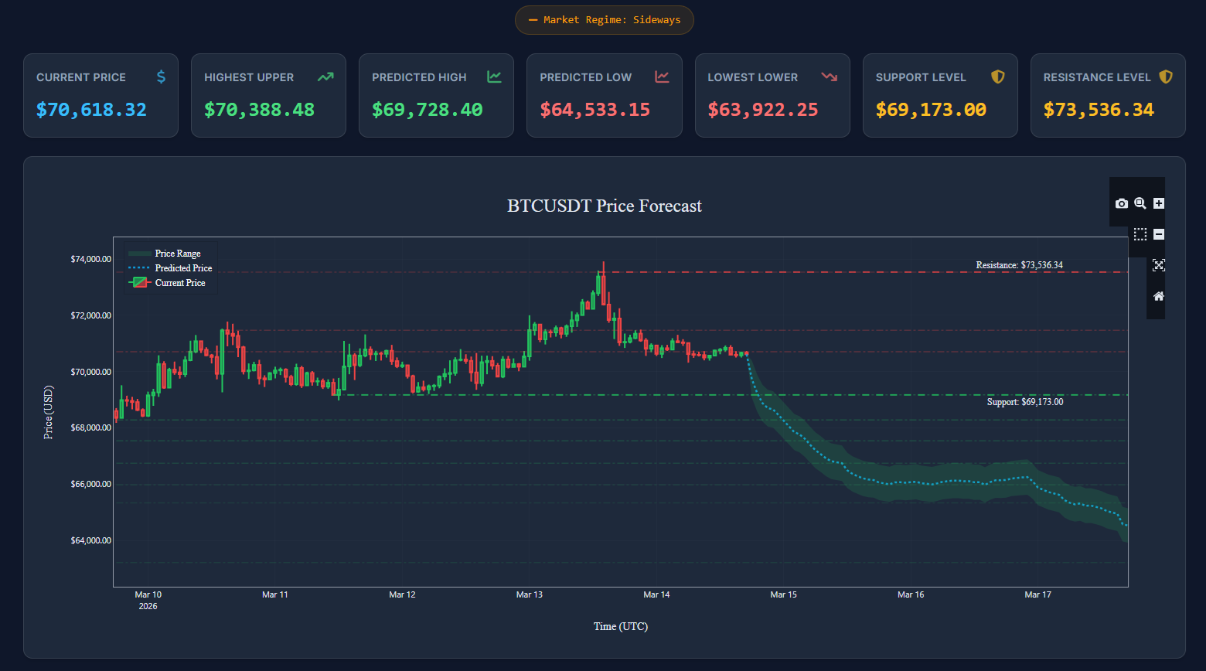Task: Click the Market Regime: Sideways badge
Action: pyautogui.click(x=605, y=20)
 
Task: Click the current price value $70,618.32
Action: pyautogui.click(x=91, y=110)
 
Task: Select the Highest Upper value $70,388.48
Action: pyautogui.click(x=259, y=110)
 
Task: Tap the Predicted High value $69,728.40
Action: pyautogui.click(x=427, y=110)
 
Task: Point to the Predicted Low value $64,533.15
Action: pyautogui.click(x=594, y=110)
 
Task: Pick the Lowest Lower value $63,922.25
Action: pyautogui.click(x=762, y=110)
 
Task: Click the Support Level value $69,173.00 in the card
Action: pyautogui.click(x=931, y=110)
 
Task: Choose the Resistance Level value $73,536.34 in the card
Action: pyautogui.click(x=1099, y=110)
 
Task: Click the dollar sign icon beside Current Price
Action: pyautogui.click(x=161, y=77)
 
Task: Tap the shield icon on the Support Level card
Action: pyautogui.click(x=998, y=77)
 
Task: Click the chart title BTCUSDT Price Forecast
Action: pyautogui.click(x=605, y=206)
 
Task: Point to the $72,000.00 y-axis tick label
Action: pyautogui.click(x=91, y=315)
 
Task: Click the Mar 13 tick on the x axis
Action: pyautogui.click(x=530, y=594)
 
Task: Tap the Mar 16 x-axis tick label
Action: pyautogui.click(x=911, y=594)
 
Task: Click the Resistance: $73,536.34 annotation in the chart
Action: pyautogui.click(x=1019, y=265)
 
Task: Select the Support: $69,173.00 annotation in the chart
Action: pyautogui.click(x=1024, y=402)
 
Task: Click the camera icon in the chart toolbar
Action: pyautogui.click(x=1122, y=203)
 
